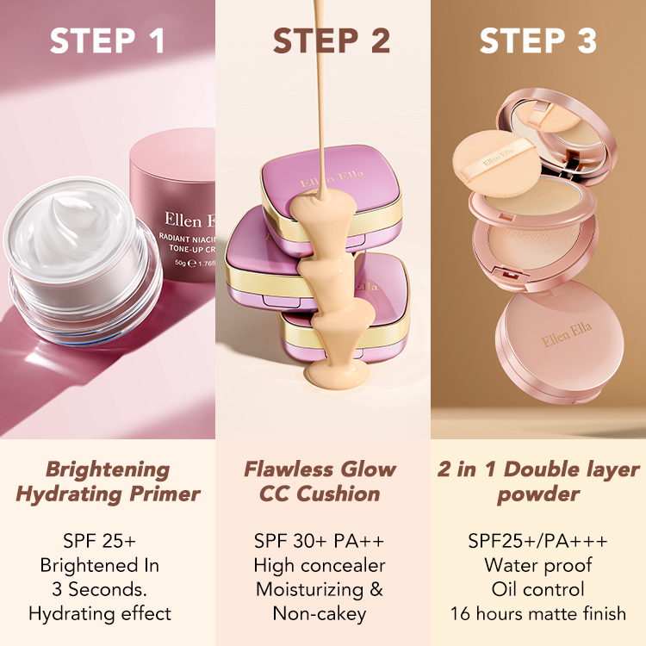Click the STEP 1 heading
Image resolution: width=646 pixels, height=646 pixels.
tap(107, 42)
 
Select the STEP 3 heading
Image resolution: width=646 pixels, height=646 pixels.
tap(538, 42)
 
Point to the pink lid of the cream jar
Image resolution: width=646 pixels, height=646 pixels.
tap(177, 207)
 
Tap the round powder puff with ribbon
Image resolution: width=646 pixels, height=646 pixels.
tap(494, 163)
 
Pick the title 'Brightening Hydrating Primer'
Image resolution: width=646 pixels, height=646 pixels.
tap(108, 481)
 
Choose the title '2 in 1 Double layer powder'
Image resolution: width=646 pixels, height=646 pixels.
tap(538, 481)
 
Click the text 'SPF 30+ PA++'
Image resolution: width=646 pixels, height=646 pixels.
tap(319, 541)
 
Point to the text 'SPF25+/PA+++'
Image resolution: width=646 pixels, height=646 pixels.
tap(537, 541)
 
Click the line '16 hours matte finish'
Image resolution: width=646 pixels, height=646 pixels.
tap(537, 614)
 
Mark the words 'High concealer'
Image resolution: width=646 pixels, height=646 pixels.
tap(319, 566)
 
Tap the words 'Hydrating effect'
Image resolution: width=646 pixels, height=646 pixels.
tap(100, 614)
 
